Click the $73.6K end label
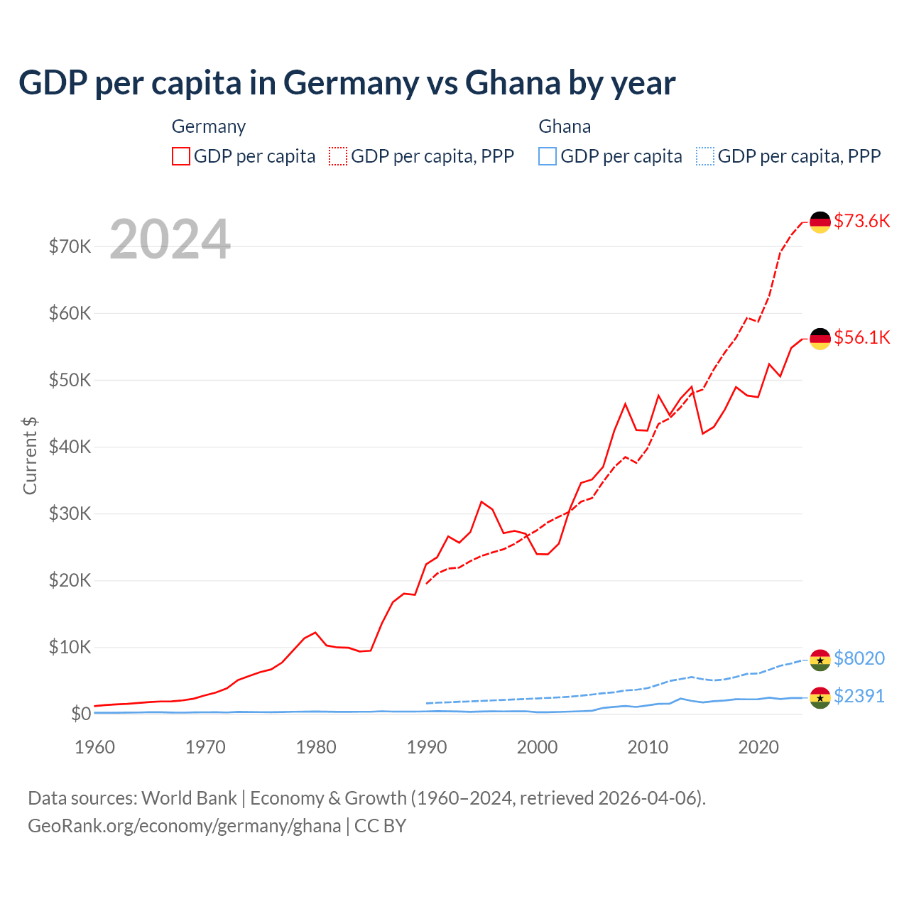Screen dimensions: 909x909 (861, 221)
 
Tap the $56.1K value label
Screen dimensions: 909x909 (861, 337)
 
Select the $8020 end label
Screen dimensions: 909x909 (859, 658)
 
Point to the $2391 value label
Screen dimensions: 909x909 (859, 696)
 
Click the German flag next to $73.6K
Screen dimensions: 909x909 (820, 222)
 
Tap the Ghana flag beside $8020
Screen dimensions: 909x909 (820, 660)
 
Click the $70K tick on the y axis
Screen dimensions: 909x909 (70, 246)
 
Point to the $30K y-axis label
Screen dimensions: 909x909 (70, 513)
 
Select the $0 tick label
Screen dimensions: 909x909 (81, 714)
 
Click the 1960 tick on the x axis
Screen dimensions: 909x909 (95, 747)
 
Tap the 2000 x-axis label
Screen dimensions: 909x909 (538, 747)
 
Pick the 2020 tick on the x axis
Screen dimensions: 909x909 (758, 747)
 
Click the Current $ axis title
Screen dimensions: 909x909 (30, 456)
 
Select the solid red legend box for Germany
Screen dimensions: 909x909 (181, 156)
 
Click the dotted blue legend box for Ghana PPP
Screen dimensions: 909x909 (705, 156)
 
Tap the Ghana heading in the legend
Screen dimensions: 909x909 (565, 126)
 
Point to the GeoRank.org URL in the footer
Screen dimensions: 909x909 (184, 826)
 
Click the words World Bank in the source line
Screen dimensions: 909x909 (189, 798)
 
